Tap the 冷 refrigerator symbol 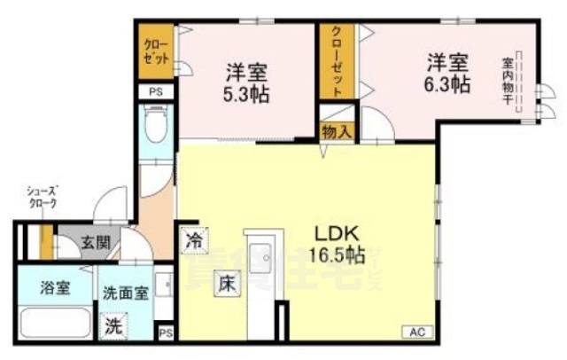[195, 239]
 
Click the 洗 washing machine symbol [114, 325]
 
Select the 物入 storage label [337, 132]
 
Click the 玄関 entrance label [95, 240]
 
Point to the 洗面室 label [123, 291]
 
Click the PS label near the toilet [156, 92]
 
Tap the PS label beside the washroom [166, 333]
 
